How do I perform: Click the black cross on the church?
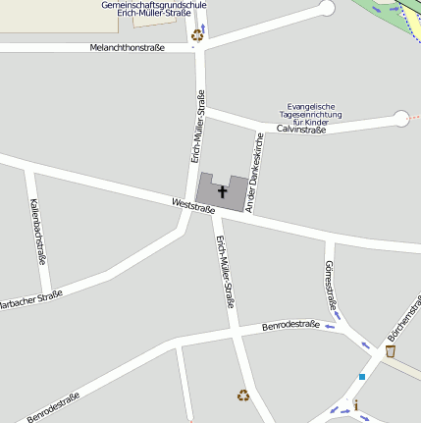coord(222,190)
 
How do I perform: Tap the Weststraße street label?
coord(192,206)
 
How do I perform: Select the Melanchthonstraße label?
coord(127,47)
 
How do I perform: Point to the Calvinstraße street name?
coord(301,129)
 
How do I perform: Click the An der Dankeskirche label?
coord(254,172)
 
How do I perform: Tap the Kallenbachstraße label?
coord(37,232)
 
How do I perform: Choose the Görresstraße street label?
coord(330,286)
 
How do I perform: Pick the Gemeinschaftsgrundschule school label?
coord(154,5)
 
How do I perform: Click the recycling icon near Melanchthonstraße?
coord(196,33)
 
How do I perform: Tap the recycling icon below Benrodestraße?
coord(242,396)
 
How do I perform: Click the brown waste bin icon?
coord(391,350)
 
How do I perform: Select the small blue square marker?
coord(361,376)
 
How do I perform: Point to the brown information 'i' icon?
coord(356,404)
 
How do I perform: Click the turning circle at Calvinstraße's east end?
coord(401,119)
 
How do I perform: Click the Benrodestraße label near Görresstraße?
coord(291,325)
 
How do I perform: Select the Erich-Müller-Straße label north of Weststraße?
coord(197,126)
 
